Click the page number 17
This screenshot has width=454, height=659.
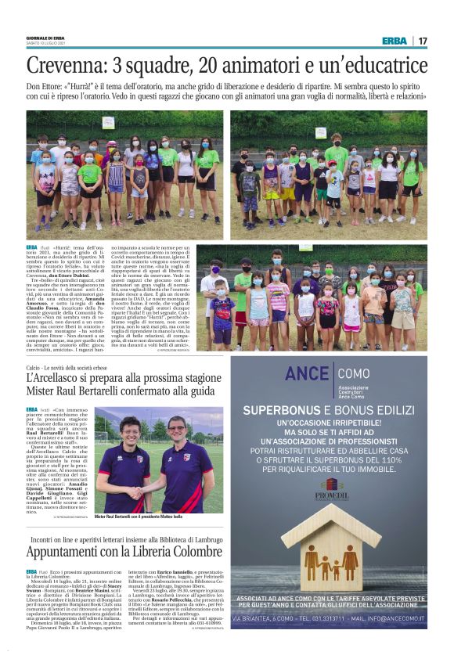click(x=422, y=41)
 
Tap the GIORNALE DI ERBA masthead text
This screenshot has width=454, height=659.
click(x=46, y=38)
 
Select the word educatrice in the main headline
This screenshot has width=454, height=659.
click(x=379, y=64)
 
